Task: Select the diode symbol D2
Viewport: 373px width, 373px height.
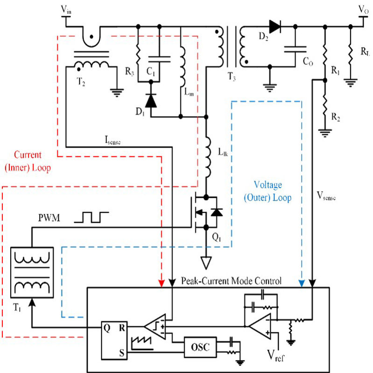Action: (x=275, y=27)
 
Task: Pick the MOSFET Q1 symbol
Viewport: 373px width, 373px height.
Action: (x=205, y=213)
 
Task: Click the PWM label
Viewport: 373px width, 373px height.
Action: (x=49, y=217)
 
